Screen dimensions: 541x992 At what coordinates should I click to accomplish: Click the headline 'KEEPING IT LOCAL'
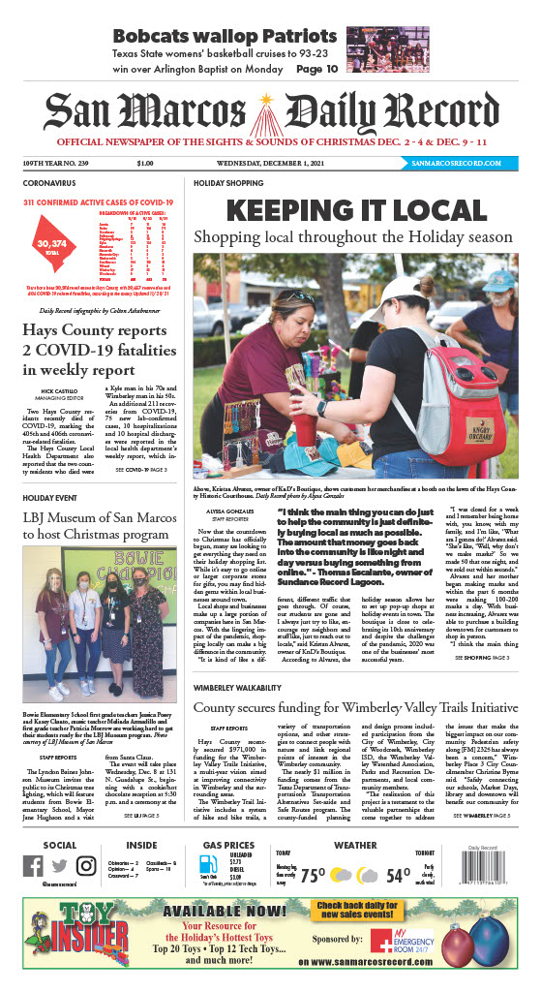click(x=355, y=211)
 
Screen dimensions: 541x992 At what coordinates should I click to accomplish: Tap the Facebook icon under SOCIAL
click(x=34, y=867)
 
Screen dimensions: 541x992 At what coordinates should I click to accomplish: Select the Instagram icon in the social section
click(x=86, y=867)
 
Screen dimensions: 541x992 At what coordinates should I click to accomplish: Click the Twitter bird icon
click(x=60, y=867)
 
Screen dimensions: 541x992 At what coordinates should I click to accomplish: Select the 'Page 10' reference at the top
click(x=317, y=69)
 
